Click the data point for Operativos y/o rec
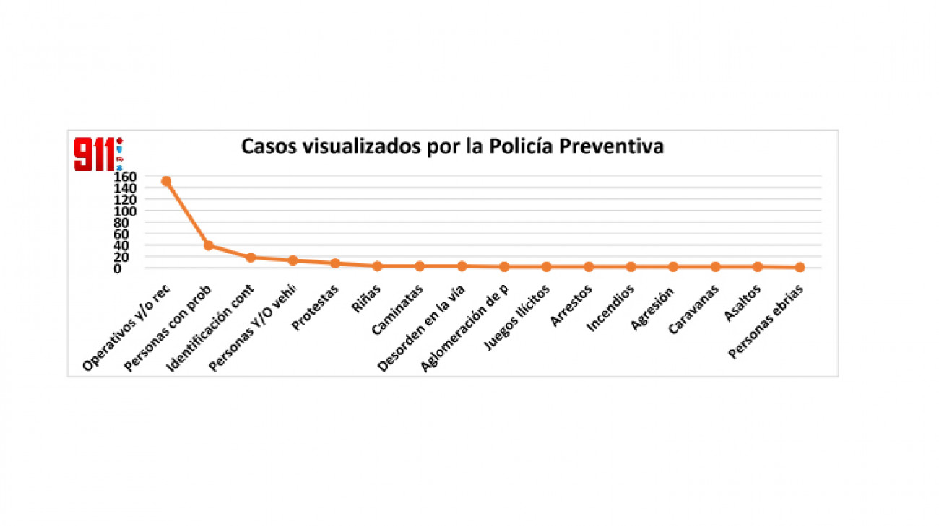click(x=166, y=181)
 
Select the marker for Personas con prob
click(x=209, y=245)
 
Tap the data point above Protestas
click(x=335, y=263)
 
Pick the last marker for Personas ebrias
click(x=800, y=268)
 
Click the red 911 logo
click(x=94, y=154)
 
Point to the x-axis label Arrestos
click(x=572, y=306)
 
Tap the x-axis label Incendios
click(x=612, y=309)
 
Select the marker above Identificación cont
click(x=251, y=258)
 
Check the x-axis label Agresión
click(x=653, y=307)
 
